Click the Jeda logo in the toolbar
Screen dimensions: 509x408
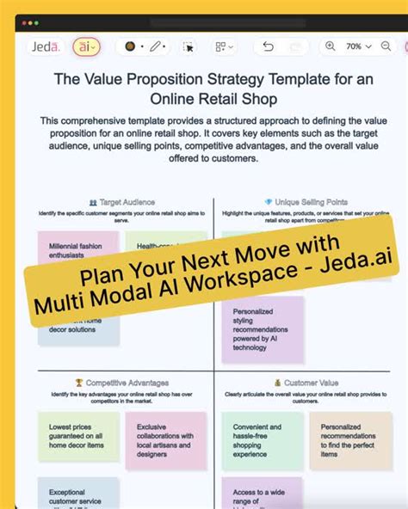point(43,46)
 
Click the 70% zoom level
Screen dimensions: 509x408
point(354,46)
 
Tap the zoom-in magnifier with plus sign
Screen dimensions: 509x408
point(330,46)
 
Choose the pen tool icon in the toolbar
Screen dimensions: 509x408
point(156,46)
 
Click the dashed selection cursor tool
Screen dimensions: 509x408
point(189,46)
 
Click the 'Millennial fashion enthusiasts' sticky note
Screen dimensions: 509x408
point(77,249)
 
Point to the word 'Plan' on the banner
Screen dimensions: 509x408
point(102,277)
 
